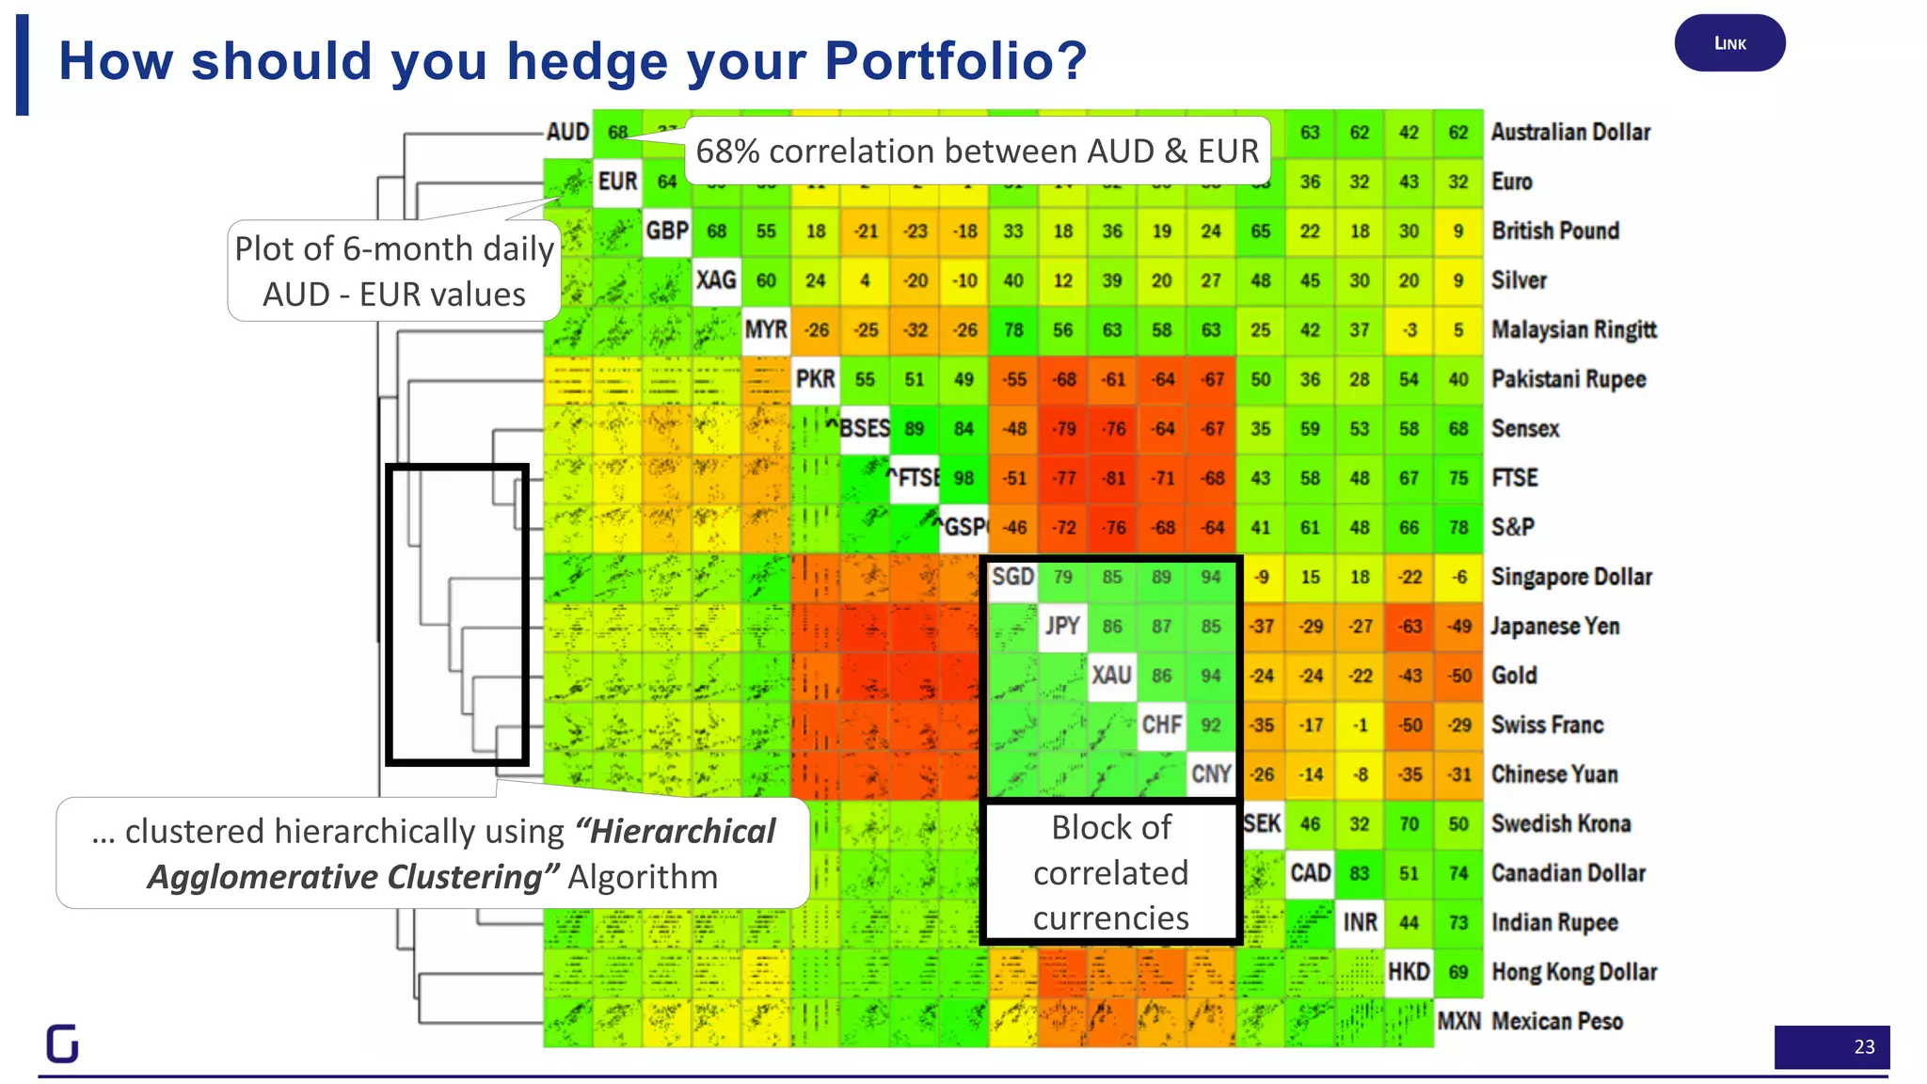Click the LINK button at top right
click(1729, 43)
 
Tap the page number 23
click(1863, 1046)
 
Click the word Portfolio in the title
click(955, 61)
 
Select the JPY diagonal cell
click(1062, 626)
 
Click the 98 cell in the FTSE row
click(963, 478)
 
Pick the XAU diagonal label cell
click(1111, 676)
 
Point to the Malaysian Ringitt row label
click(1573, 330)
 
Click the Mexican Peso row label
click(1556, 1021)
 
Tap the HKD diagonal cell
click(1408, 972)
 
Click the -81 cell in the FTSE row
click(1113, 478)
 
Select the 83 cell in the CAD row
click(1359, 873)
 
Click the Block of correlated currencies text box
click(1110, 872)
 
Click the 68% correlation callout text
click(977, 151)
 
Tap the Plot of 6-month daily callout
click(394, 271)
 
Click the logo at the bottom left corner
click(62, 1044)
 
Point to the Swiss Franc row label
click(1547, 725)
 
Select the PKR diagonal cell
click(815, 379)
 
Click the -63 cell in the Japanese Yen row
click(1409, 627)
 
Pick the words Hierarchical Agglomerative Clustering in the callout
click(461, 854)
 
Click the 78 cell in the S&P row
click(1457, 528)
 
